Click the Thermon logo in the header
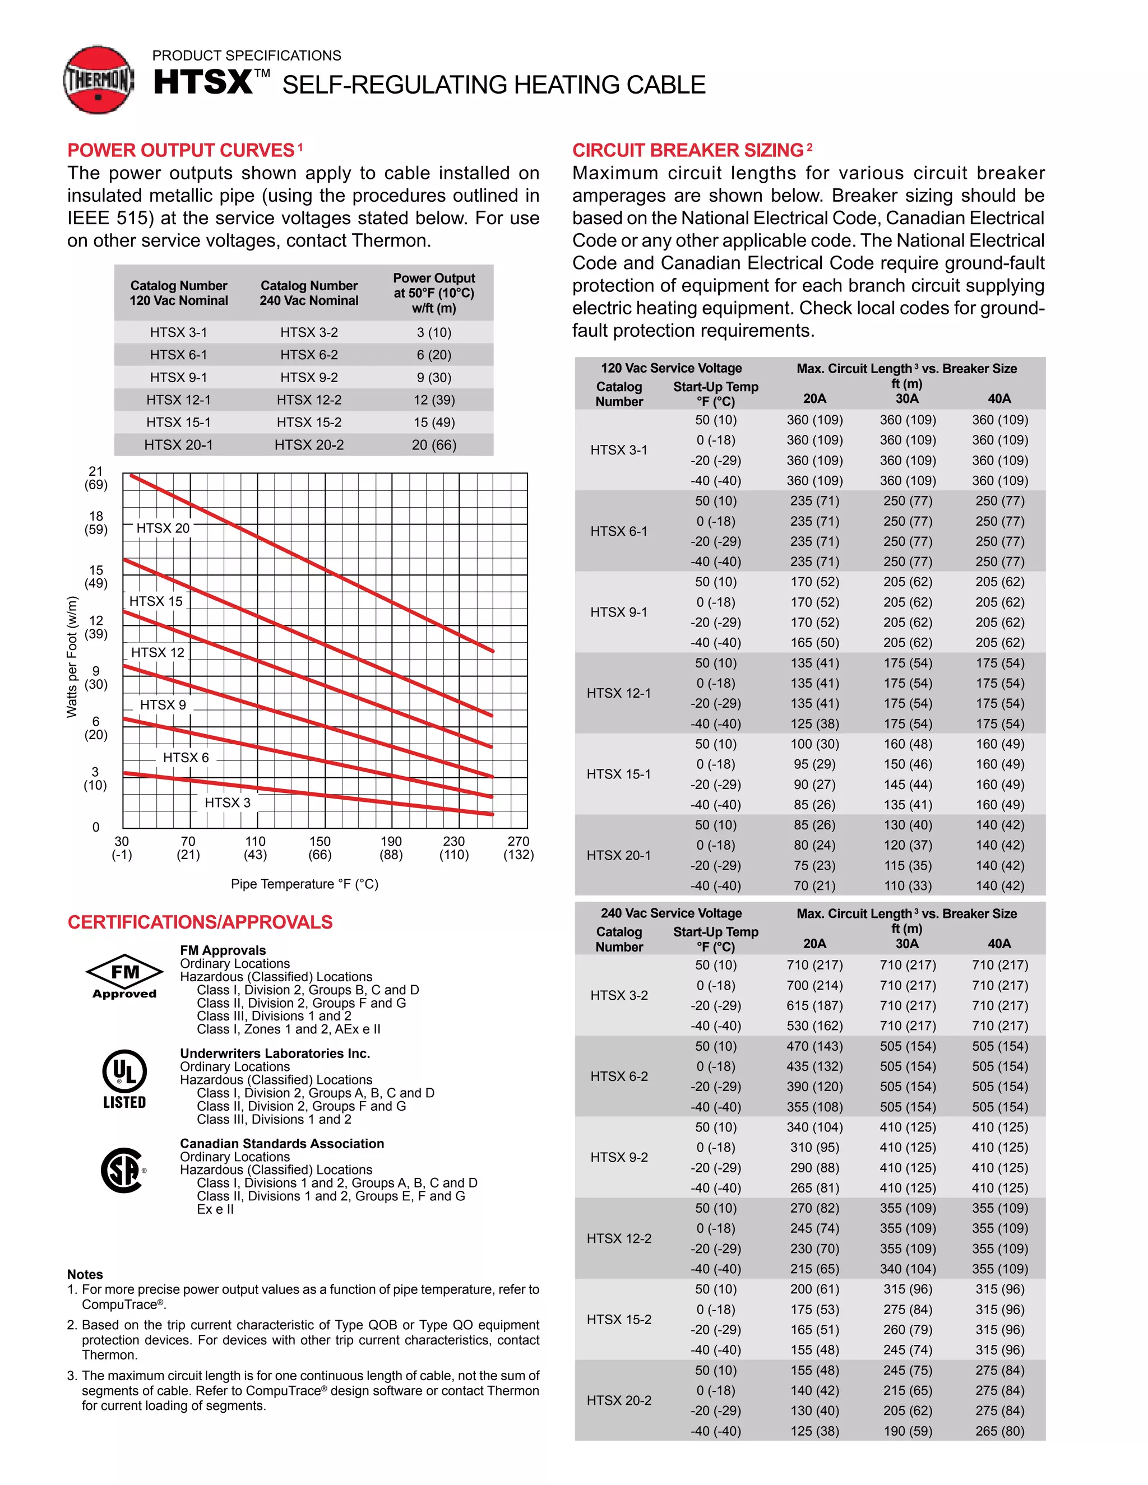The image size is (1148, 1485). click(x=99, y=80)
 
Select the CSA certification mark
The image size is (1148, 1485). click(x=123, y=1170)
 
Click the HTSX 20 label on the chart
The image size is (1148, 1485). click(x=163, y=528)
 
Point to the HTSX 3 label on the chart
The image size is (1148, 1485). click(x=227, y=802)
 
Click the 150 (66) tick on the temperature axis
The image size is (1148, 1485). click(x=320, y=848)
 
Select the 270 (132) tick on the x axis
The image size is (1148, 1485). click(x=519, y=848)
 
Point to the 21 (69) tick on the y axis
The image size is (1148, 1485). click(x=96, y=478)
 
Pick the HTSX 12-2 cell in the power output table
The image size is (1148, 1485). click(x=309, y=400)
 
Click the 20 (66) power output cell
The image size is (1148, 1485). click(x=434, y=445)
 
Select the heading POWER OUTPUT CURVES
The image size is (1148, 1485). click(x=181, y=150)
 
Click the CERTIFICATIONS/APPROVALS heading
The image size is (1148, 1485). click(x=200, y=923)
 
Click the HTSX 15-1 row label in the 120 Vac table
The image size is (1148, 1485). click(x=618, y=774)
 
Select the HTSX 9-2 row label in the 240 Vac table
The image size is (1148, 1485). click(x=618, y=1157)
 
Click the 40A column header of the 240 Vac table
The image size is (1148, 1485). click(x=999, y=944)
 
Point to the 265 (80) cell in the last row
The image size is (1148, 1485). click(x=999, y=1431)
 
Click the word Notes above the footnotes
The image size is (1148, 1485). click(x=85, y=1275)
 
